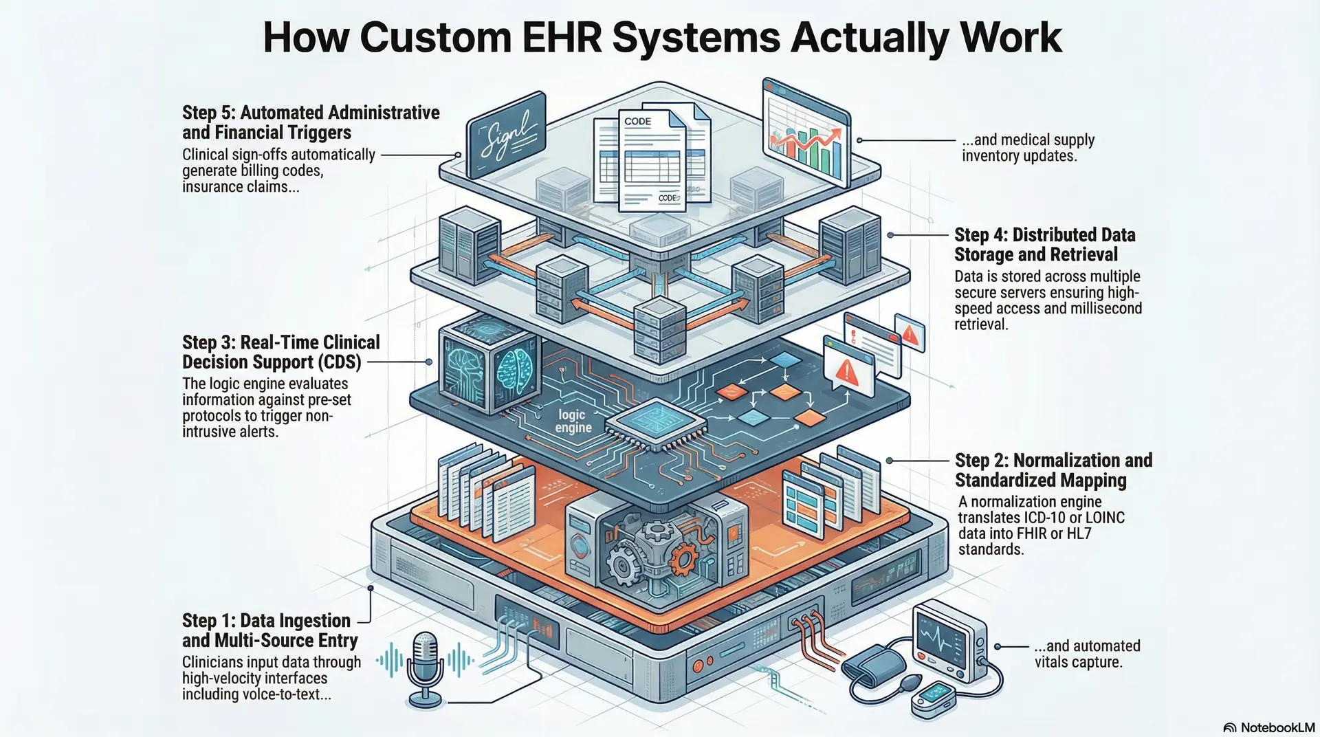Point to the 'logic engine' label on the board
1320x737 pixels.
pyautogui.click(x=573, y=421)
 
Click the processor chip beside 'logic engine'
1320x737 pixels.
pyautogui.click(x=659, y=423)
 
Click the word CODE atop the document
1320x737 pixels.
pyautogui.click(x=637, y=122)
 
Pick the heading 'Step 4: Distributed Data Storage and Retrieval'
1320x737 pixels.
pyautogui.click(x=1044, y=245)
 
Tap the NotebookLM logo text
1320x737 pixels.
pyautogui.click(x=1277, y=727)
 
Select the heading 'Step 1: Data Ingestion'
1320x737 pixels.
pyautogui.click(x=266, y=621)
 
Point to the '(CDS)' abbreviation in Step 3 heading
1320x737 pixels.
pyautogui.click(x=339, y=362)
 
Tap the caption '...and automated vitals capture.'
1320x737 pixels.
pyautogui.click(x=1086, y=654)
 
